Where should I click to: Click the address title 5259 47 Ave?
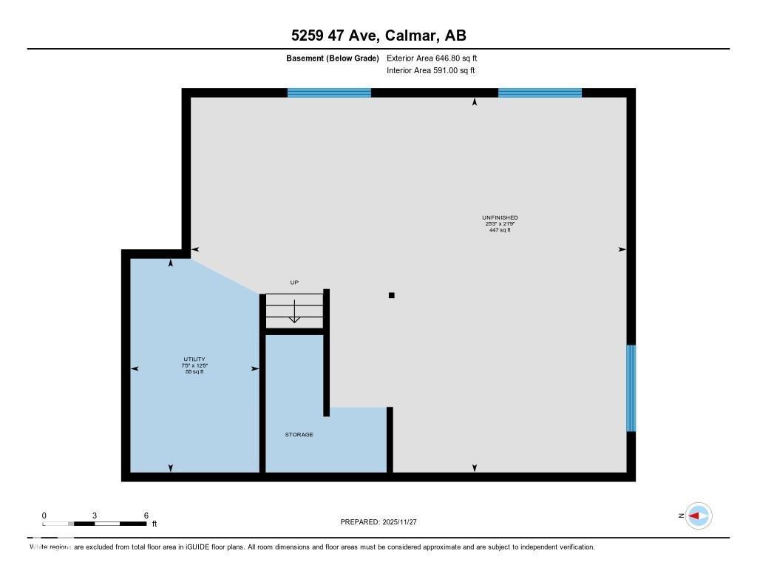[378, 35]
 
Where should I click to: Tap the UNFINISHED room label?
[500, 217]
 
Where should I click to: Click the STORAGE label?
[299, 435]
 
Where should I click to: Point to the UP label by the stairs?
[294, 283]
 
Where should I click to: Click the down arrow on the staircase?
[294, 312]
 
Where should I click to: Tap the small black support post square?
[392, 296]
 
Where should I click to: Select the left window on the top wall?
[329, 92]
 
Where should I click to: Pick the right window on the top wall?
[540, 92]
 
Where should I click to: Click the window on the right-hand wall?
[631, 388]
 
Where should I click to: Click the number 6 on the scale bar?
[146, 515]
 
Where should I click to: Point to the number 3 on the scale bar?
[95, 515]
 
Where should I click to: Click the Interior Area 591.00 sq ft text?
[430, 71]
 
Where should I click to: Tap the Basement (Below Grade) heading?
[333, 58]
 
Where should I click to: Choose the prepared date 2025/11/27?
[404, 522]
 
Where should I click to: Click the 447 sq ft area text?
[500, 230]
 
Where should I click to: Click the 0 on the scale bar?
[44, 515]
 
